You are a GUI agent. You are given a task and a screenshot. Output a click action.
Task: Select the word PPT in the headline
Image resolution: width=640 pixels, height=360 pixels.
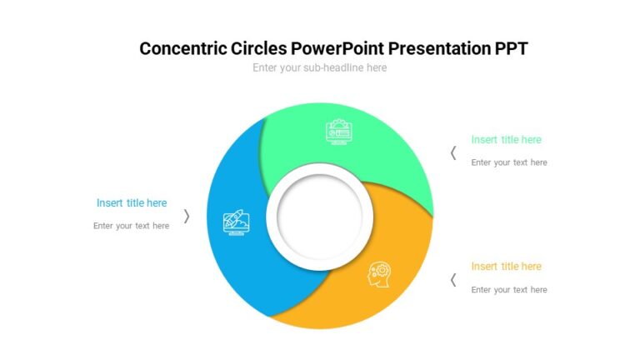pyautogui.click(x=509, y=48)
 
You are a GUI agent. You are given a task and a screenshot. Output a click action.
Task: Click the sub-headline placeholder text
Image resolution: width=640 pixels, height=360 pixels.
pyautogui.click(x=319, y=67)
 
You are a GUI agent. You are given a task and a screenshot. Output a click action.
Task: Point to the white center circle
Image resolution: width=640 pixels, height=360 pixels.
pyautogui.click(x=319, y=216)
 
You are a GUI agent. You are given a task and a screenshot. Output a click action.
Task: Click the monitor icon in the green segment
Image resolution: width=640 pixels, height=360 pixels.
pyautogui.click(x=338, y=132)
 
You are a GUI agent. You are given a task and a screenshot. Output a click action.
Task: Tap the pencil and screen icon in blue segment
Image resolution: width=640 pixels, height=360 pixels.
pyautogui.click(x=235, y=222)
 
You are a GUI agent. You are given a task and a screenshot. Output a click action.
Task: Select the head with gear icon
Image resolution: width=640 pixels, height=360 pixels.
pyautogui.click(x=380, y=274)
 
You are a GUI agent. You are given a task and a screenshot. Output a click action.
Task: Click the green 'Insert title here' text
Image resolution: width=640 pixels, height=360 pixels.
pyautogui.click(x=506, y=140)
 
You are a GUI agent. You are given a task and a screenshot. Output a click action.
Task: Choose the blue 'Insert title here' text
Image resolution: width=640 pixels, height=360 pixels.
pyautogui.click(x=132, y=202)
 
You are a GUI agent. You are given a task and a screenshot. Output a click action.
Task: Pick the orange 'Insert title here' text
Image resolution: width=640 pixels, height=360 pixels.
pyautogui.click(x=506, y=267)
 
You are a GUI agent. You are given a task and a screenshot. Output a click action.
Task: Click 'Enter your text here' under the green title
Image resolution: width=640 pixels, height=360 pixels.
pyautogui.click(x=509, y=162)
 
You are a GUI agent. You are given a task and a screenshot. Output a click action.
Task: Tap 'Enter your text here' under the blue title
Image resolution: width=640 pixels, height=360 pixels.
pyautogui.click(x=131, y=226)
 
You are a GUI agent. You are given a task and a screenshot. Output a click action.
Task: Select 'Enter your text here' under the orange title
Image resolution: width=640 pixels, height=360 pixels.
pyautogui.click(x=509, y=290)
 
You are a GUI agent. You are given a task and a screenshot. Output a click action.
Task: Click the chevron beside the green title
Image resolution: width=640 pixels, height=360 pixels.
pyautogui.click(x=453, y=152)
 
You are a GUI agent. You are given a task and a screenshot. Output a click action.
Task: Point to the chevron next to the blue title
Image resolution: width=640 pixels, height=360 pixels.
pyautogui.click(x=187, y=216)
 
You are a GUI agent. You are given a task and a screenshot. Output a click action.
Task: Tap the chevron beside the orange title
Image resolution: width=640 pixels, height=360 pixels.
pyautogui.click(x=453, y=280)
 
